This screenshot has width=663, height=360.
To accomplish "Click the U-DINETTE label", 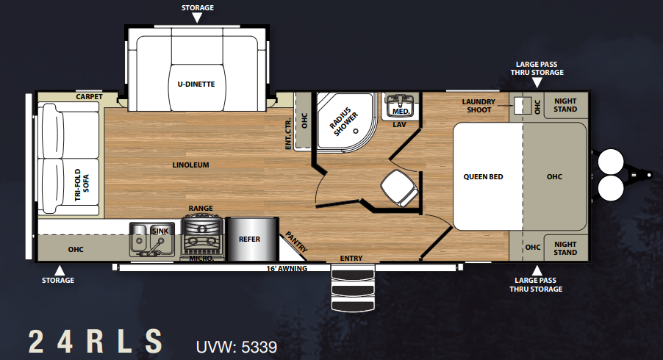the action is pyautogui.click(x=196, y=84).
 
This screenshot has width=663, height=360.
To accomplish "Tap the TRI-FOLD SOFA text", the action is pyautogui.click(x=82, y=184).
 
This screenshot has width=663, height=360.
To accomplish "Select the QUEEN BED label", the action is pyautogui.click(x=484, y=176).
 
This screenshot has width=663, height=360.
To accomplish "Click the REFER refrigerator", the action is pyautogui.click(x=252, y=240).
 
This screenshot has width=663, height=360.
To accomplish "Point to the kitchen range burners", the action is pyautogui.click(x=202, y=234).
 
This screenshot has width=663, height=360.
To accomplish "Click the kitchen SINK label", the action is pyautogui.click(x=160, y=231).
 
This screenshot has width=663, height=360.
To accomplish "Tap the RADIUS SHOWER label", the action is pyautogui.click(x=344, y=122).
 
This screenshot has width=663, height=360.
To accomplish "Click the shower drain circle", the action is pyautogui.click(x=356, y=131).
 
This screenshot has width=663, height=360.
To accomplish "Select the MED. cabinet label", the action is pyautogui.click(x=401, y=112).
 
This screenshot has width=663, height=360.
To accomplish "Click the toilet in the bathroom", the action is pyautogui.click(x=399, y=187).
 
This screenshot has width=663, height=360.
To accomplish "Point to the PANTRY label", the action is pyautogui.click(x=296, y=242).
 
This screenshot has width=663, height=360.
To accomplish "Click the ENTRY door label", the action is pyautogui.click(x=351, y=258).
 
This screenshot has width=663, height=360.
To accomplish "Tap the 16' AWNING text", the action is pyautogui.click(x=287, y=268).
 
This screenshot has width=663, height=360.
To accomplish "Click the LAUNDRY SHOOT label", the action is pyautogui.click(x=479, y=106).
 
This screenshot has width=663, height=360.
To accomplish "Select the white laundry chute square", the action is pyautogui.click(x=523, y=106).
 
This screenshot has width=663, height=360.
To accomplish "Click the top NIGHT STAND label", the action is pyautogui.click(x=565, y=105).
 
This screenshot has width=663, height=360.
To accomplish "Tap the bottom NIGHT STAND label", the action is pyautogui.click(x=565, y=248).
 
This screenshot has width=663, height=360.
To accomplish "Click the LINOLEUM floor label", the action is pyautogui.click(x=190, y=165).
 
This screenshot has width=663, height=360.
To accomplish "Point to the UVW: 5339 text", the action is pyautogui.click(x=237, y=347).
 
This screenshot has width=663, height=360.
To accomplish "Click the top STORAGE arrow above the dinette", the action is pyautogui.click(x=197, y=18).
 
